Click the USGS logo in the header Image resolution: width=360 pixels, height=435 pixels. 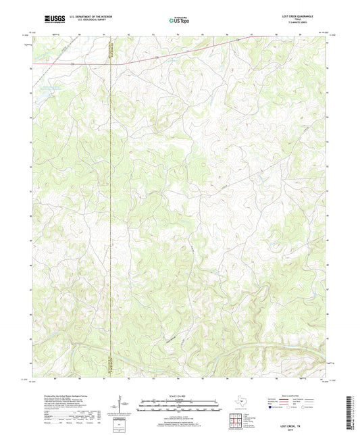pyautogui.click(x=53, y=19)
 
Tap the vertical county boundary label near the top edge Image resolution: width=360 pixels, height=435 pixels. pyautogui.click(x=109, y=51)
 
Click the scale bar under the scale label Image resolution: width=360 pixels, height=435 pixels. pyautogui.click(x=180, y=407)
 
